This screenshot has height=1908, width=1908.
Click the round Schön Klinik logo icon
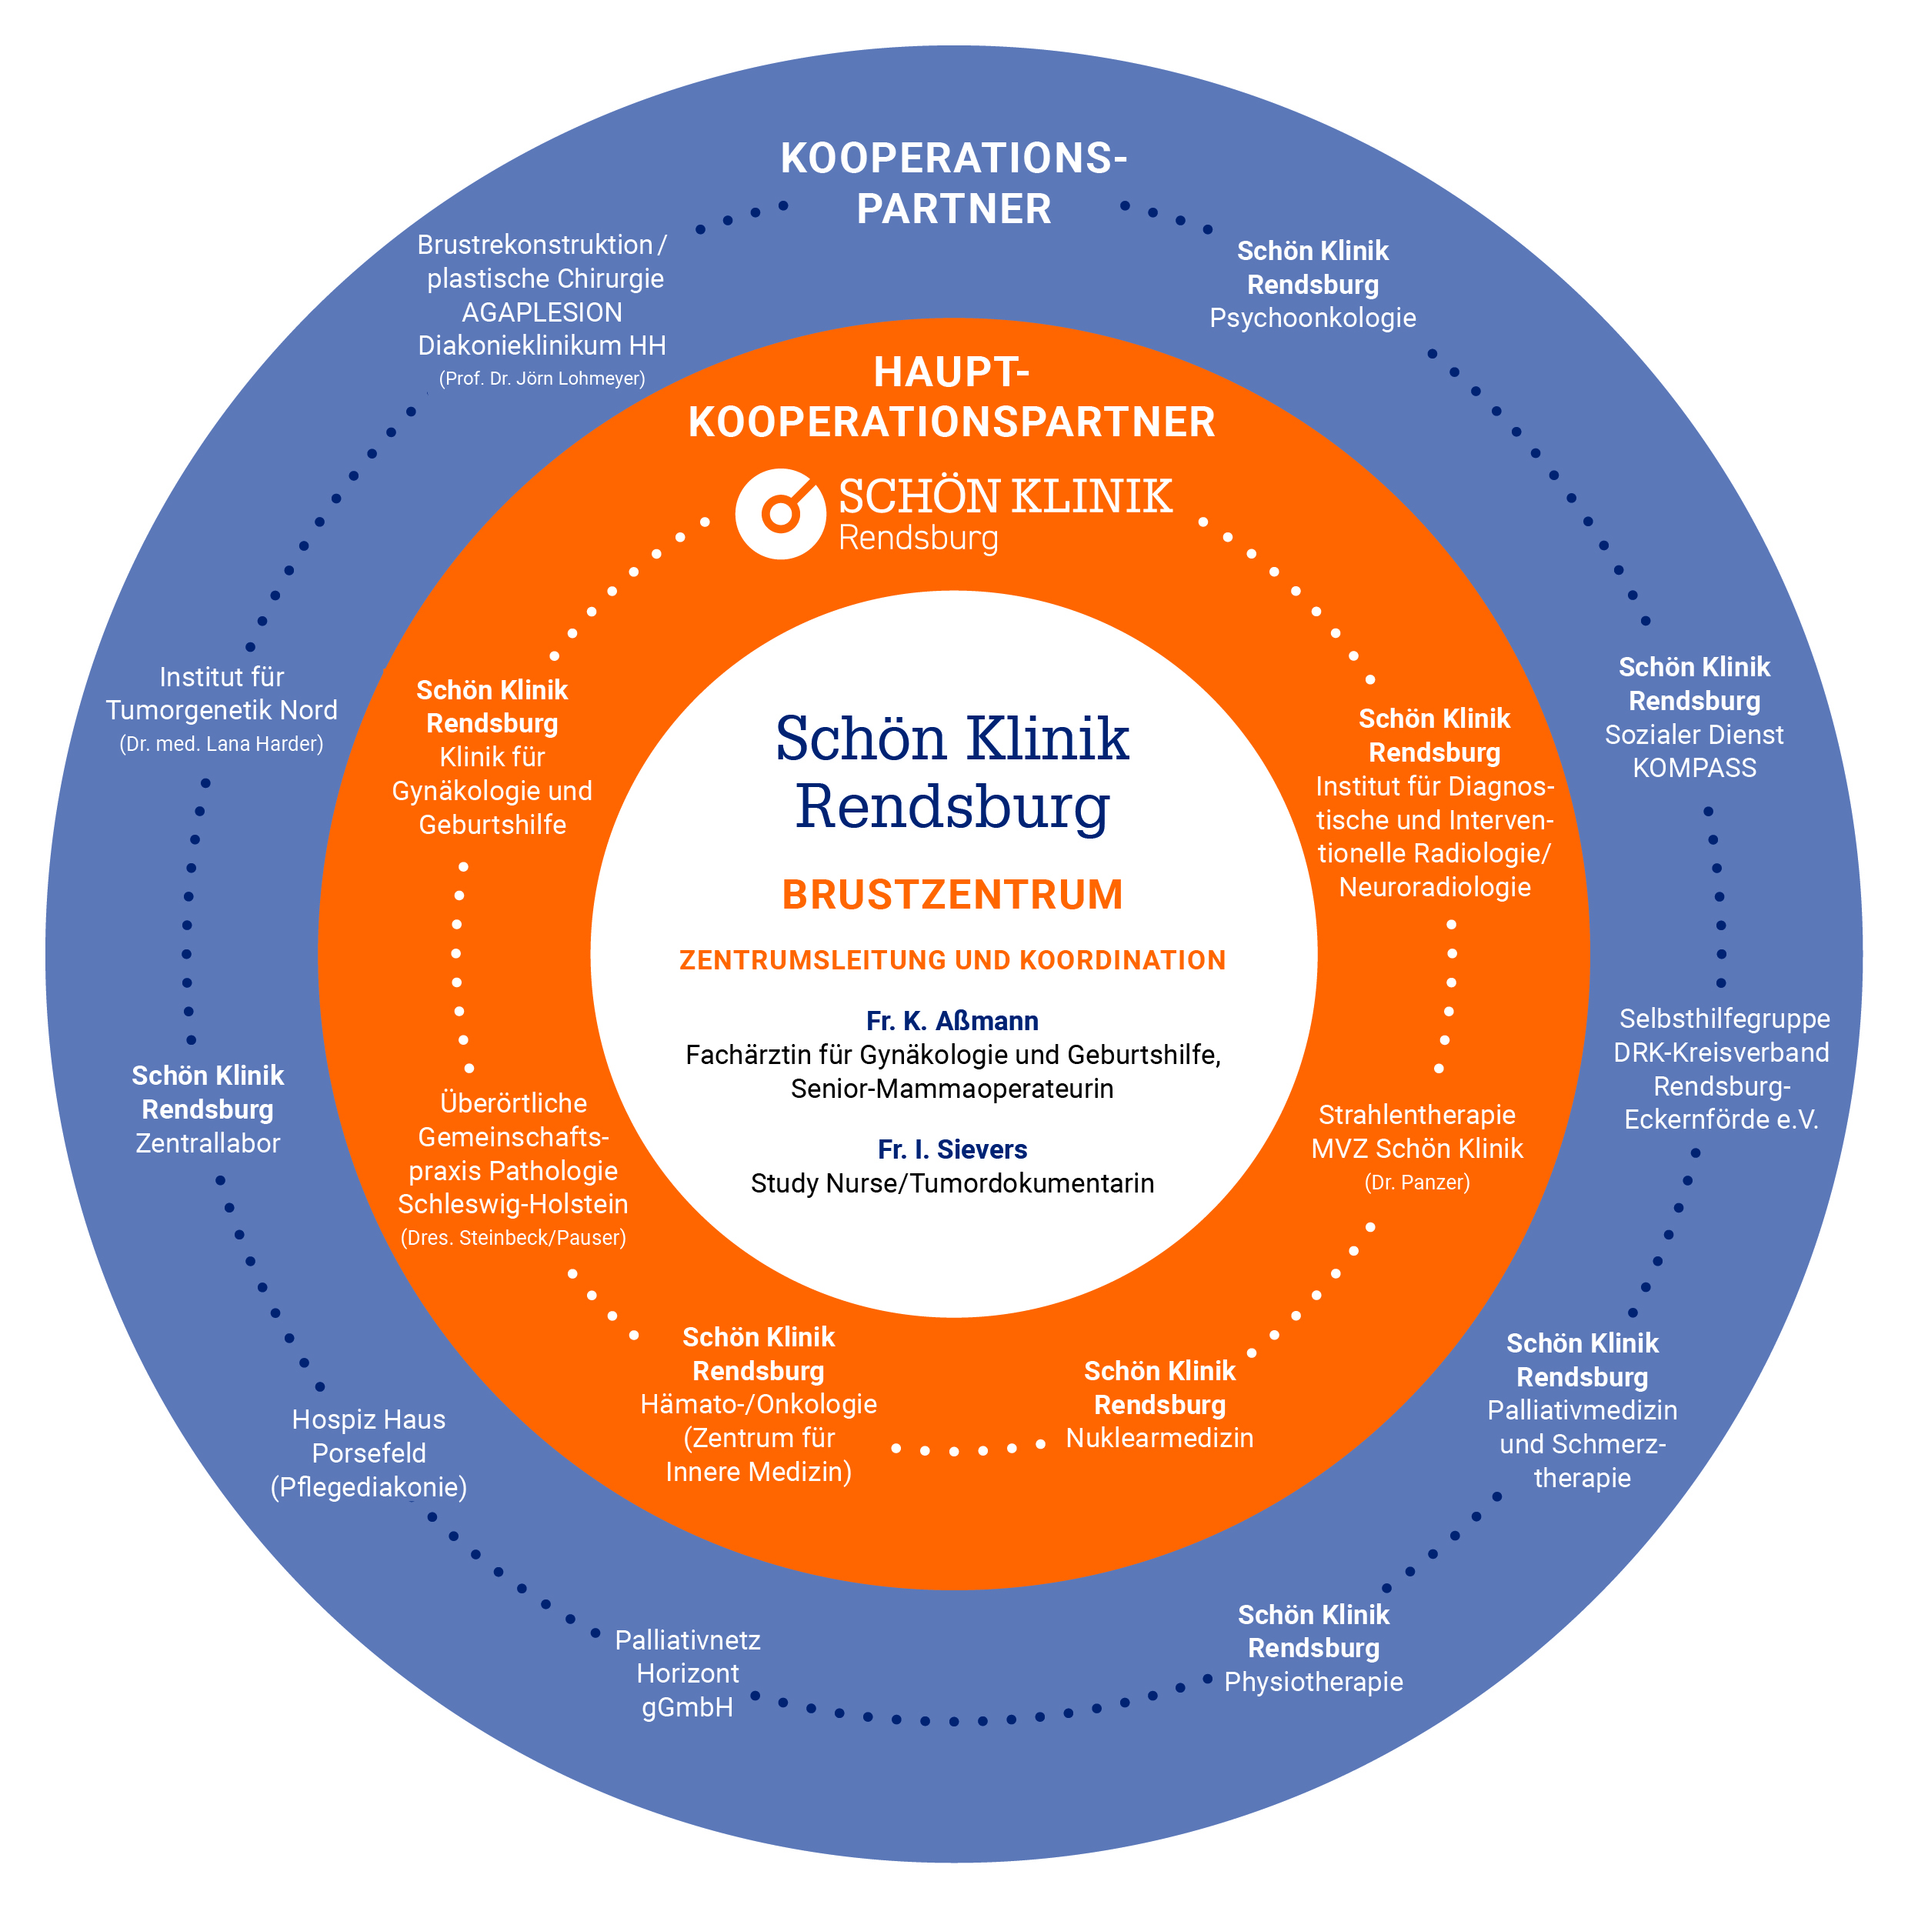[780, 513]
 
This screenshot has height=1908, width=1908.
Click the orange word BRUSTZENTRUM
[953, 895]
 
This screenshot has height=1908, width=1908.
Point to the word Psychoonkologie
[1313, 318]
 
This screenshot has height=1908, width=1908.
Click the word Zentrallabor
[208, 1142]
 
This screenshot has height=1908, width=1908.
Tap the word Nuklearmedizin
[1159, 1437]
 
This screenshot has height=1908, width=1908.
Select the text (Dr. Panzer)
[1416, 1182]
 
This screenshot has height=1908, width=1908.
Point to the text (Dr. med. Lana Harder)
[222, 744]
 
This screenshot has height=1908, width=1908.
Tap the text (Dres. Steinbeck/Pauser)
[512, 1237]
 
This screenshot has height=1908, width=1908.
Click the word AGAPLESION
[542, 312]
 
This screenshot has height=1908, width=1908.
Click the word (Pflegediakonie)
[369, 1486]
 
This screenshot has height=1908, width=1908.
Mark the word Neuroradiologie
[1434, 887]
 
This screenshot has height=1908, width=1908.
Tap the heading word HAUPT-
[951, 372]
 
